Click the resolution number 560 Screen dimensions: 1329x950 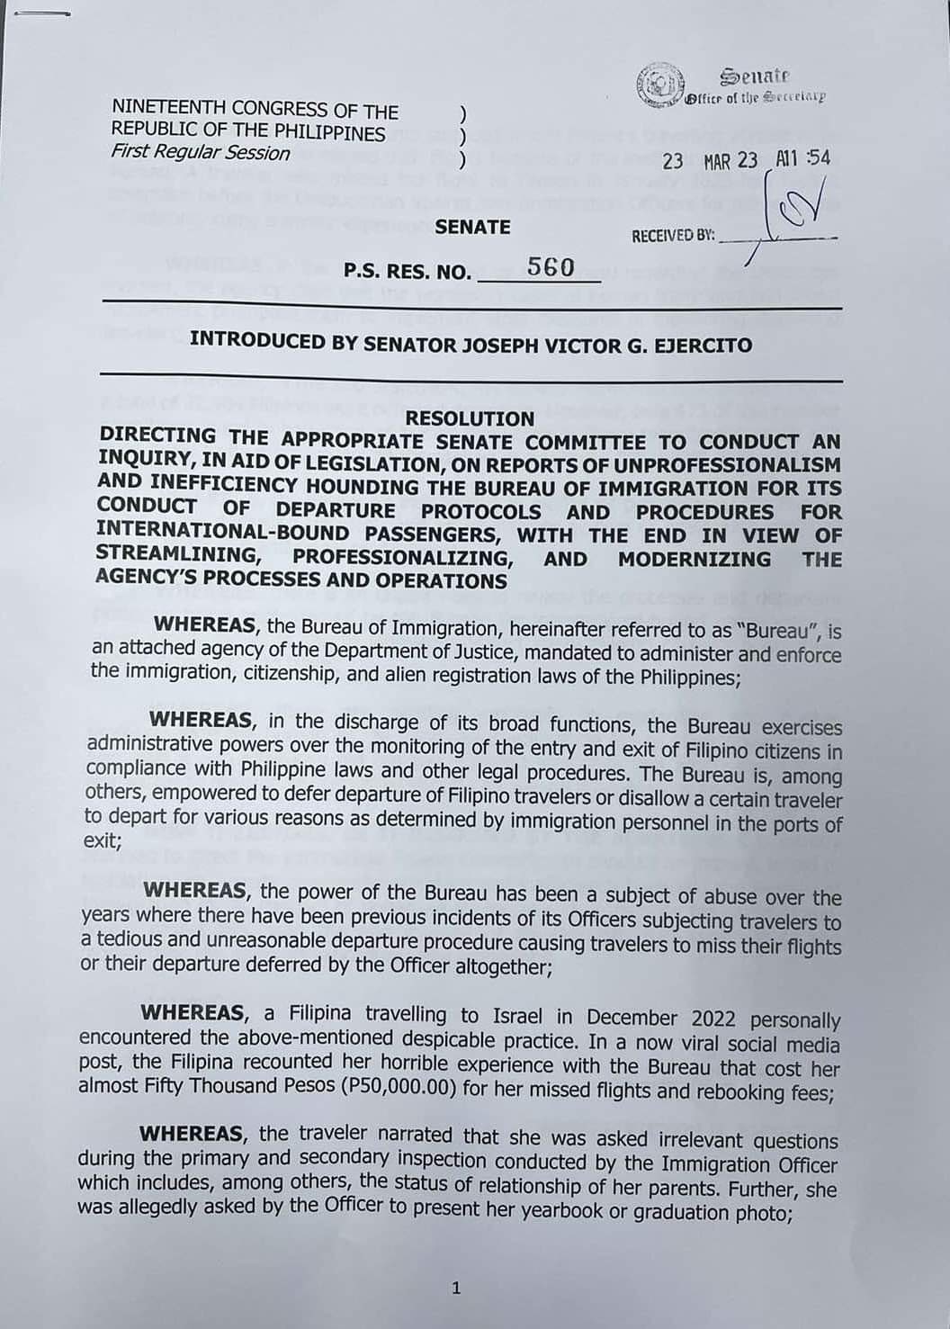point(551,267)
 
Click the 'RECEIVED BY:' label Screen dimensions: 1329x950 point(673,236)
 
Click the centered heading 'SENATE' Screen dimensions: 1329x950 point(472,227)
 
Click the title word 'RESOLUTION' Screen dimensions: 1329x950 point(470,418)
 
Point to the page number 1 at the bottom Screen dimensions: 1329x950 point(456,1289)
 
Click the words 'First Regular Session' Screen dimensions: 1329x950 point(201,153)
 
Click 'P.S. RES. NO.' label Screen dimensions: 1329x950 point(408,272)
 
